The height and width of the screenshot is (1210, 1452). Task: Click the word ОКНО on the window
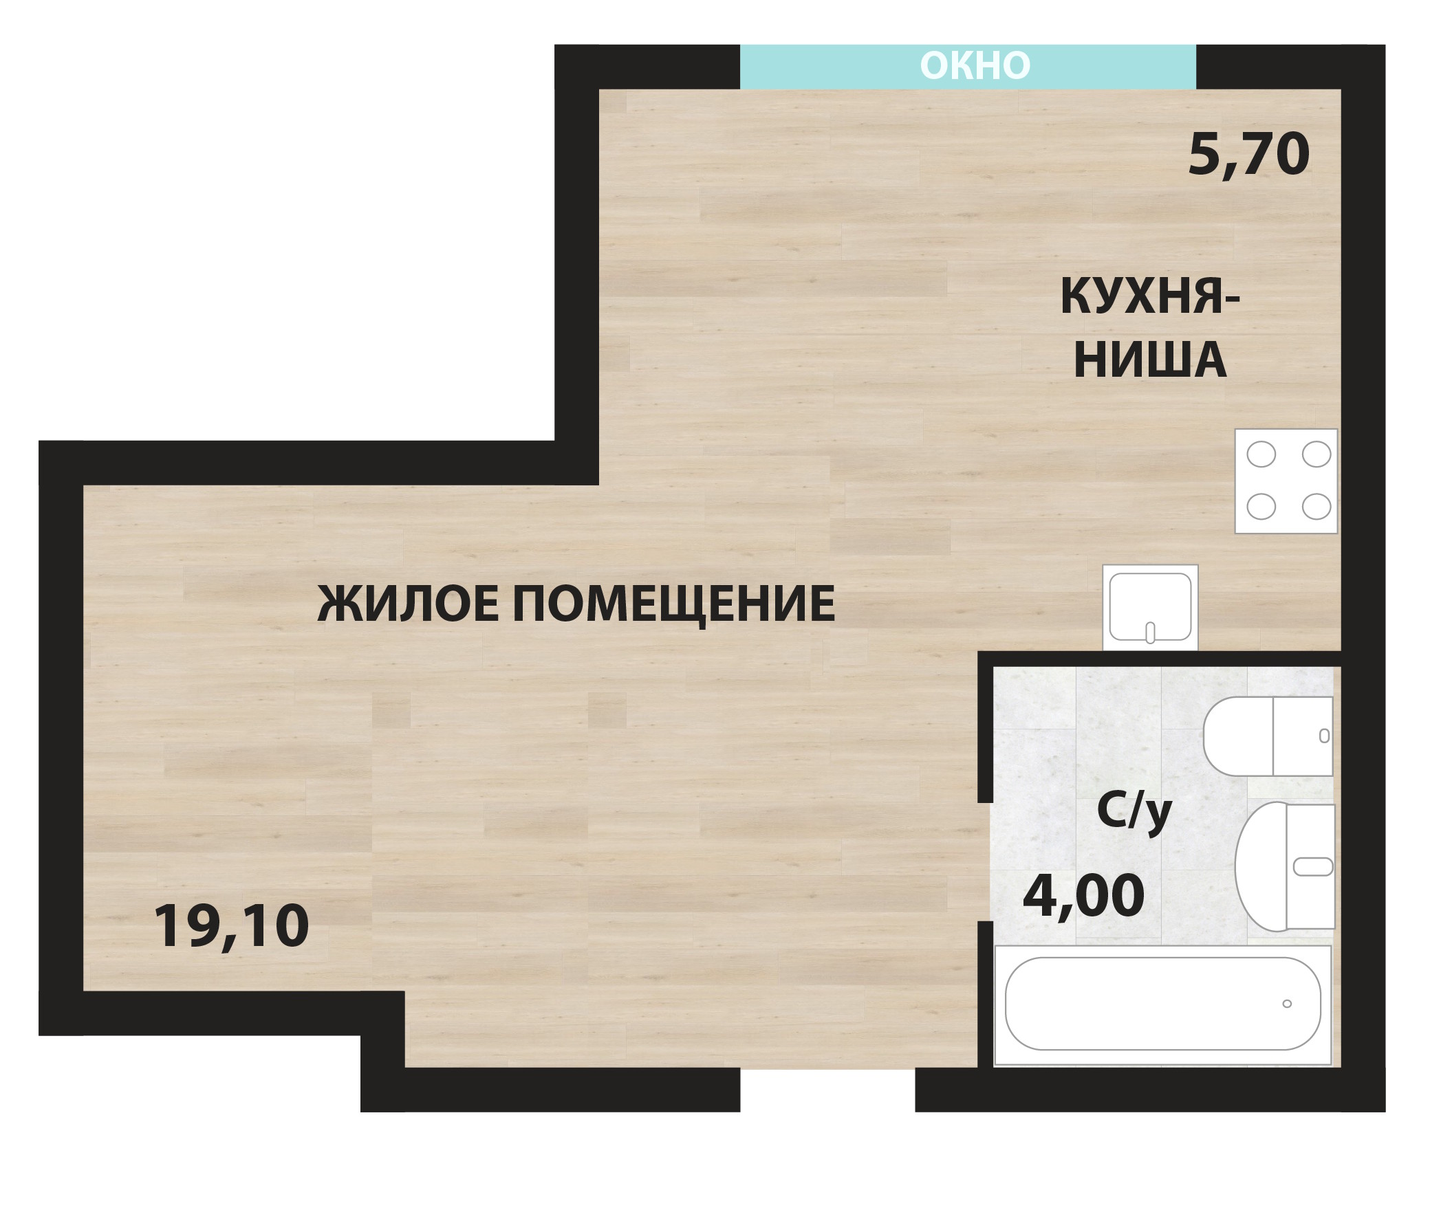click(x=975, y=65)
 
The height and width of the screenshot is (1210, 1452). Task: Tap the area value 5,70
click(x=1248, y=155)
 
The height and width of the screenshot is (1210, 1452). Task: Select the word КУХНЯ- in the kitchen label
click(x=1150, y=297)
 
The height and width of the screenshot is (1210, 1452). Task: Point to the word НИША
click(x=1150, y=360)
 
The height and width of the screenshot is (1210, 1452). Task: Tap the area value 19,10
click(x=231, y=927)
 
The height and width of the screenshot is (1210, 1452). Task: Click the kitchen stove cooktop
click(x=1286, y=481)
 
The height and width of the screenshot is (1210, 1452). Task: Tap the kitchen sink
click(x=1151, y=608)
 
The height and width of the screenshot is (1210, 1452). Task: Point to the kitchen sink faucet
click(x=1151, y=633)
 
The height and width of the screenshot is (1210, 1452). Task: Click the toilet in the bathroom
click(x=1268, y=736)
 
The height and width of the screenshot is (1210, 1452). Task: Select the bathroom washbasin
click(x=1285, y=866)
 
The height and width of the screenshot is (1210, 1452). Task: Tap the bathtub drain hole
click(x=1287, y=1003)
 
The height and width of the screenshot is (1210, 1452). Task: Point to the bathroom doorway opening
click(x=985, y=861)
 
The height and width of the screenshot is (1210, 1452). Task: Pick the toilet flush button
click(x=1324, y=736)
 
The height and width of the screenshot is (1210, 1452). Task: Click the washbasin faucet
click(x=1313, y=866)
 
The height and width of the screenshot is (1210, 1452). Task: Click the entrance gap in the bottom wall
click(x=827, y=1090)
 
